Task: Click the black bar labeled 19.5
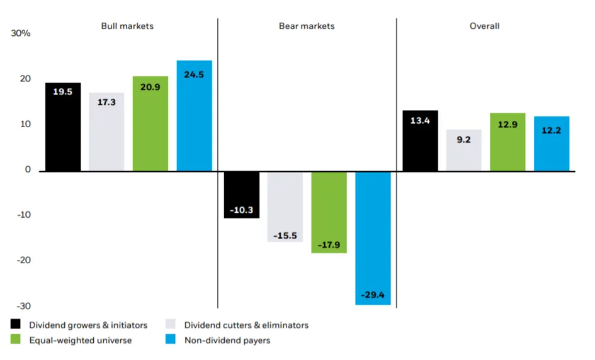63,127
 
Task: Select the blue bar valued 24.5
195,116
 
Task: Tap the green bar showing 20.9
150,123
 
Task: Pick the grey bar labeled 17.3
106,132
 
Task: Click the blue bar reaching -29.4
373,239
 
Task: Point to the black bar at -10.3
242,195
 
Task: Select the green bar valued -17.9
329,213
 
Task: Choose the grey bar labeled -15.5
285,206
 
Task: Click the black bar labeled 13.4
420,141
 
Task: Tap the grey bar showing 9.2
463,150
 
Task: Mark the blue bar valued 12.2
552,143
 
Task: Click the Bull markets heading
127,26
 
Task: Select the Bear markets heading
307,26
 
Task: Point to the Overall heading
485,26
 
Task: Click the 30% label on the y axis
21,33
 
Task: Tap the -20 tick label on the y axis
23,260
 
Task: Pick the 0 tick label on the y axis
28,169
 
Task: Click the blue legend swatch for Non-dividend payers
171,339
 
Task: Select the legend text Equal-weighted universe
81,340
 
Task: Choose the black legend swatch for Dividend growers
16,324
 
